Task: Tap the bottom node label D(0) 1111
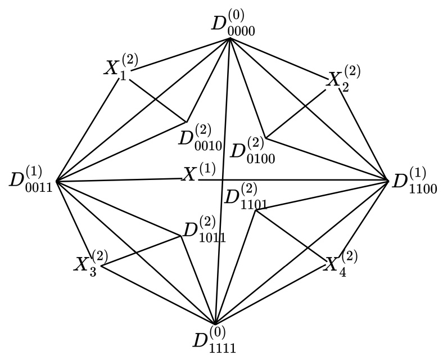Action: coord(215,340)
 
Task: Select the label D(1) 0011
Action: coord(31,179)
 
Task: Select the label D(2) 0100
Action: coord(253,150)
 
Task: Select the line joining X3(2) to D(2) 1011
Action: coord(141,250)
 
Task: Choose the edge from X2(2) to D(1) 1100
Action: coord(364,136)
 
